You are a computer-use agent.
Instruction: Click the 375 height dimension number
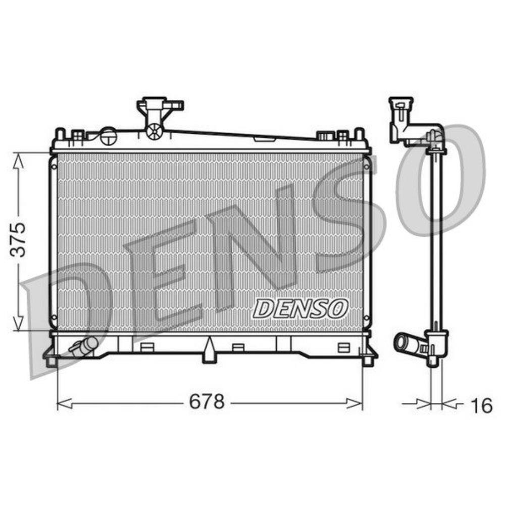click(19, 239)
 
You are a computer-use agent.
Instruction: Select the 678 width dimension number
click(206, 402)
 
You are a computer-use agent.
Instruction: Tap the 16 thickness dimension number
click(480, 405)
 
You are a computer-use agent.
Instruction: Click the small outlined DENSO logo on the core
click(301, 308)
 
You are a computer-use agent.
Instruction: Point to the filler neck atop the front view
click(159, 109)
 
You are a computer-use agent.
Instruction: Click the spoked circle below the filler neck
click(153, 132)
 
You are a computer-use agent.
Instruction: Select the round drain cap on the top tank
click(108, 136)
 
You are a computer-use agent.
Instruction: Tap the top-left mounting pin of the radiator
click(60, 135)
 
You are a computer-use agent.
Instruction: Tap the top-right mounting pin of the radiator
click(360, 135)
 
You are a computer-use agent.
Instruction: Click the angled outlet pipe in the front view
click(83, 347)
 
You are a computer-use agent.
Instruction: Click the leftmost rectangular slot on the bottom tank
click(146, 347)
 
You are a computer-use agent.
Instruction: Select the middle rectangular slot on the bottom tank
click(237, 347)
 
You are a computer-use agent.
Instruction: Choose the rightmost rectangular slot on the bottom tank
click(343, 347)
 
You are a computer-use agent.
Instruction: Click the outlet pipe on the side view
click(406, 343)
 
